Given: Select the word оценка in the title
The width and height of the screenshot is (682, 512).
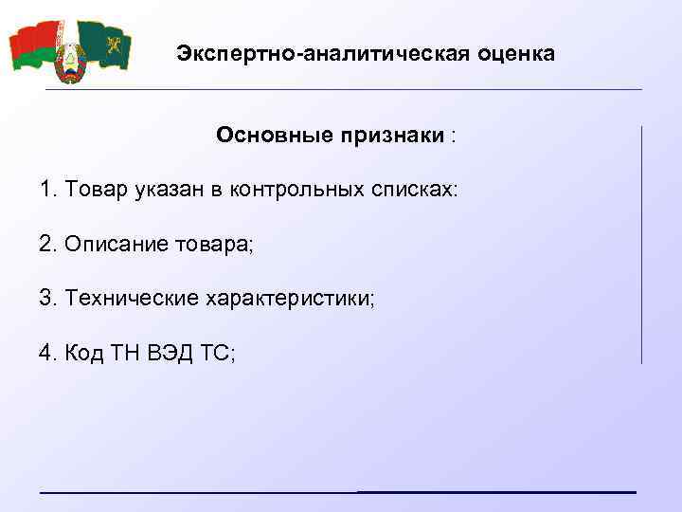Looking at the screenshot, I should (x=512, y=53).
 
